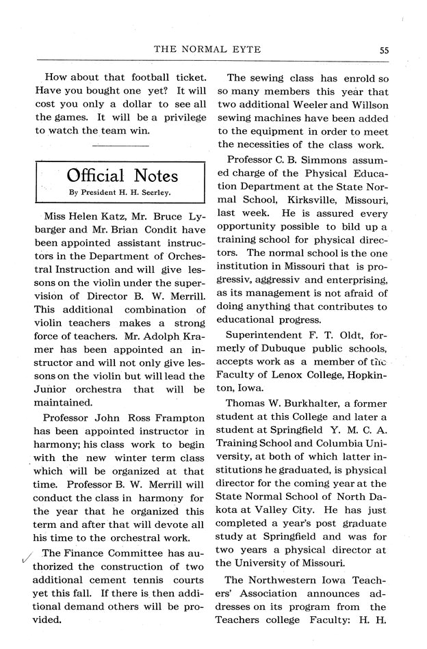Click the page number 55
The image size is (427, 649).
[384, 49]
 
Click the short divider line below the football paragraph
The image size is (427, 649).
[119, 145]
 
